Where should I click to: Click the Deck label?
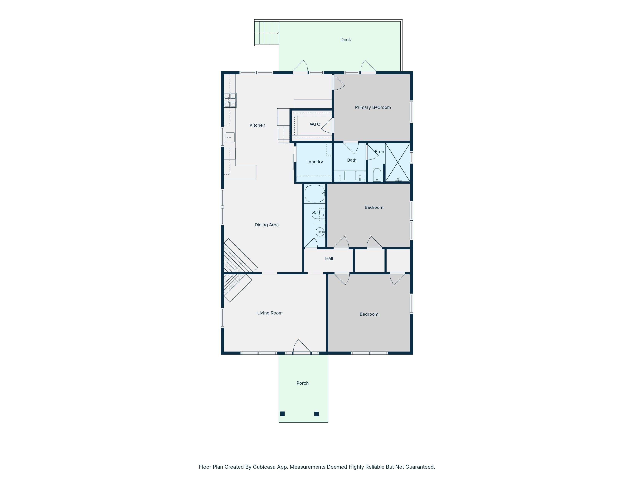point(345,40)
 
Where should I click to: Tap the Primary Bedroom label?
point(373,107)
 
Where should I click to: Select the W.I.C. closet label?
point(315,125)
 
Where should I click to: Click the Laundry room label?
point(314,162)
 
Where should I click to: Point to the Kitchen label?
point(257,125)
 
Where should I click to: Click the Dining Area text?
point(266,225)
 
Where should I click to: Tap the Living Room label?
point(270,313)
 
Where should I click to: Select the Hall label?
point(329,258)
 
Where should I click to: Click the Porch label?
point(302,383)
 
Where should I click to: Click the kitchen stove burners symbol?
point(230,100)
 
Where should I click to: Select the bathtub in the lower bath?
point(314,193)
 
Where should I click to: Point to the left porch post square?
point(282,414)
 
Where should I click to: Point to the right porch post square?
point(316,414)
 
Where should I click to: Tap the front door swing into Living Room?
point(302,346)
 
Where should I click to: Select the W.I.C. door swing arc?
point(327,125)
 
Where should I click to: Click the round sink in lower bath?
point(320,232)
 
